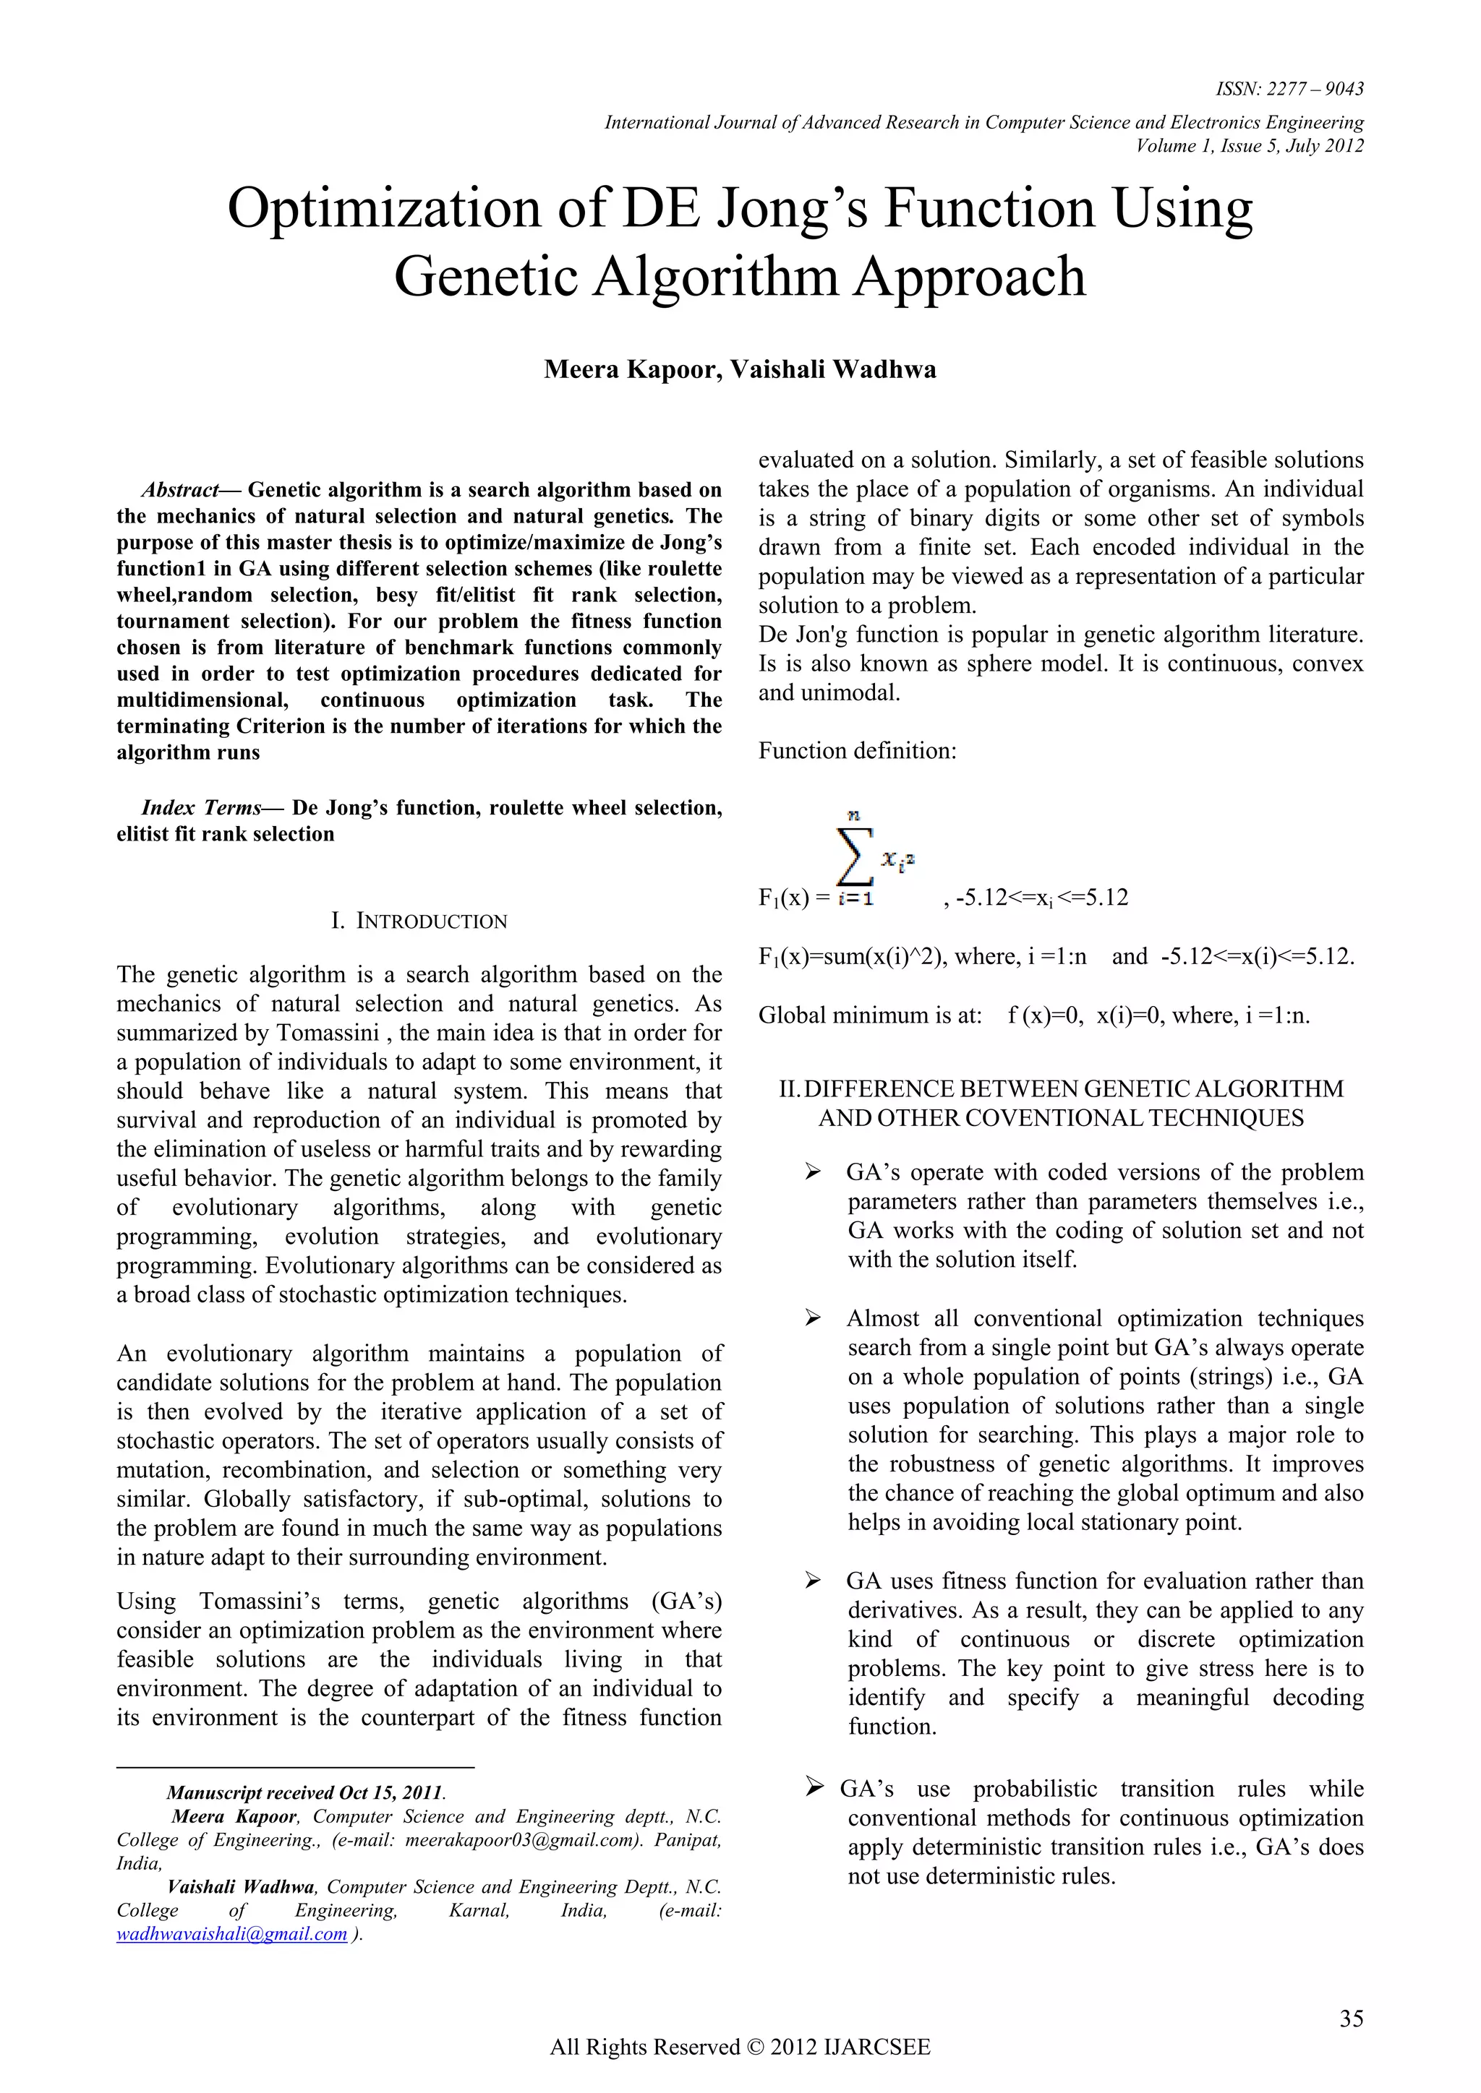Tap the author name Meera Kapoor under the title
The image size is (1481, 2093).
click(628, 369)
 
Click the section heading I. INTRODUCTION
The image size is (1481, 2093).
click(419, 921)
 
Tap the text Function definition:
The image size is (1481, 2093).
click(857, 751)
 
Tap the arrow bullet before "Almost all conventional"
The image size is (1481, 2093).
click(813, 1318)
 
